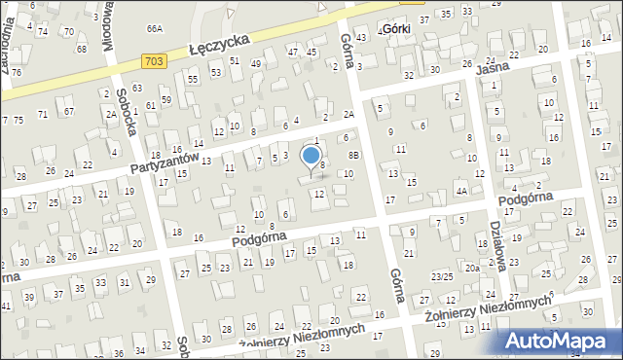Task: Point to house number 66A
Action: click(154, 29)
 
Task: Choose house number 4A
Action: click(461, 192)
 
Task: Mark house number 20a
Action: click(471, 268)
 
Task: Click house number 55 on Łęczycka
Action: click(193, 78)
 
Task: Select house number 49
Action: click(256, 64)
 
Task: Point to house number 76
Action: click(17, 73)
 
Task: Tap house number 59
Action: click(166, 99)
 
